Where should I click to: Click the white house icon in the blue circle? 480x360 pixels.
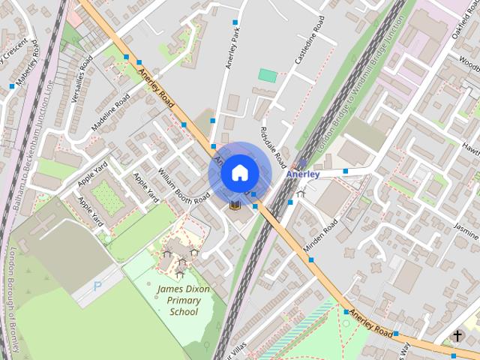click(238, 173)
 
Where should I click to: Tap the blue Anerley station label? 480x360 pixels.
click(303, 174)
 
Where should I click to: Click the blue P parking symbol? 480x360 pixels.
click(97, 286)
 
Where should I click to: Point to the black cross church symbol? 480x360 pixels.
click(457, 336)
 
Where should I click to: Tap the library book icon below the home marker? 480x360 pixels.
click(234, 204)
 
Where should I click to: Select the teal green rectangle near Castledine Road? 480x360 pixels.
click(268, 75)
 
